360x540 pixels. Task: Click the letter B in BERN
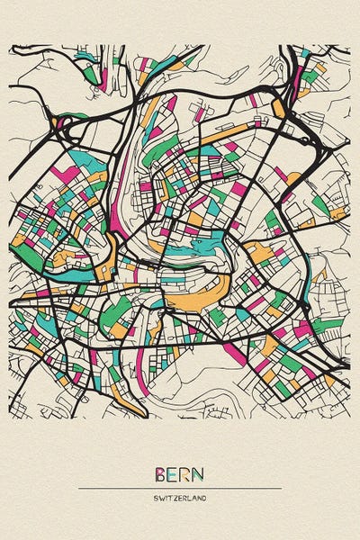160,474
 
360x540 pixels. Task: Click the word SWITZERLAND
180,498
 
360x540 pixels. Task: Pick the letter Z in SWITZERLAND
176,498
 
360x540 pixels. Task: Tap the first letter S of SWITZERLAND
156,498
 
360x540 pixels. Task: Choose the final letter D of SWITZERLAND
204,498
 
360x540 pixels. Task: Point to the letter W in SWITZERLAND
161,498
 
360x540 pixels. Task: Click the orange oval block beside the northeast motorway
277,108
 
